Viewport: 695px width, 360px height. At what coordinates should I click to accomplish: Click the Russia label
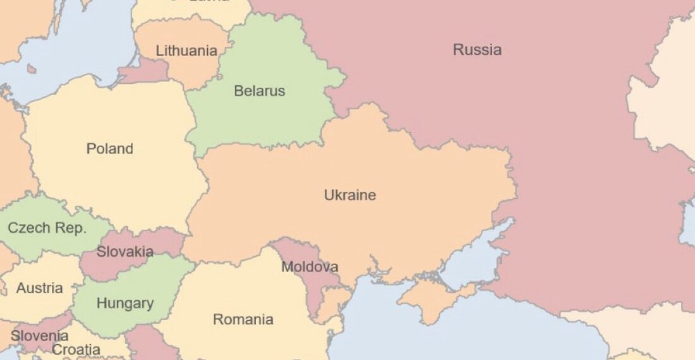point(477,50)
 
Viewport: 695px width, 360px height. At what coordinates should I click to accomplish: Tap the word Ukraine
point(349,195)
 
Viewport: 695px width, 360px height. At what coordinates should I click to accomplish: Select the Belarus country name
point(259,91)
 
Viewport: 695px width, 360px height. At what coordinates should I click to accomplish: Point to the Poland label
point(110,149)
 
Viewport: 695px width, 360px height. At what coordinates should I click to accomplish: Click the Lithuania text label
point(186,51)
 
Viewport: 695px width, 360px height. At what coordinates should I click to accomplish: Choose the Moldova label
point(309,267)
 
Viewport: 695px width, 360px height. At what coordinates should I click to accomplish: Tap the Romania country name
point(243,320)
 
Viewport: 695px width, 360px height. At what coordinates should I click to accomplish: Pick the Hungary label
point(124,304)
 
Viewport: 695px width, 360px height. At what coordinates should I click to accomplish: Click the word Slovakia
point(124,252)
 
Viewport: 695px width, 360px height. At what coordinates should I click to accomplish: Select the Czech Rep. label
point(47,228)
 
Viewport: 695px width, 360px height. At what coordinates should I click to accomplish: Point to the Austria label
point(39,289)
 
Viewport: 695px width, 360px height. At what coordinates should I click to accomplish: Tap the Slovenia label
point(39,335)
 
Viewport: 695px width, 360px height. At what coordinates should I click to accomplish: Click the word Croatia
point(76,350)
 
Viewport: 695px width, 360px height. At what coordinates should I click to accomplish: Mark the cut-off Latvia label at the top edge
point(208,2)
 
